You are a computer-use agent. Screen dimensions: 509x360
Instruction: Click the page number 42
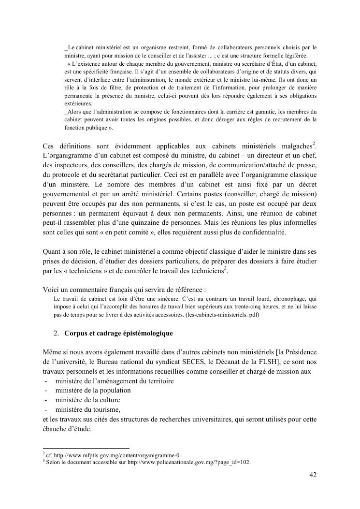point(313,475)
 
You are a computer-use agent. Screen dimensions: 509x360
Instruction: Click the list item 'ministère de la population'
point(90,391)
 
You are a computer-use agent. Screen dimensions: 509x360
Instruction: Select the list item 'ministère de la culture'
point(85,400)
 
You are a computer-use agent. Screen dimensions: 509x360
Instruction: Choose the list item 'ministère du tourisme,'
point(85,409)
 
